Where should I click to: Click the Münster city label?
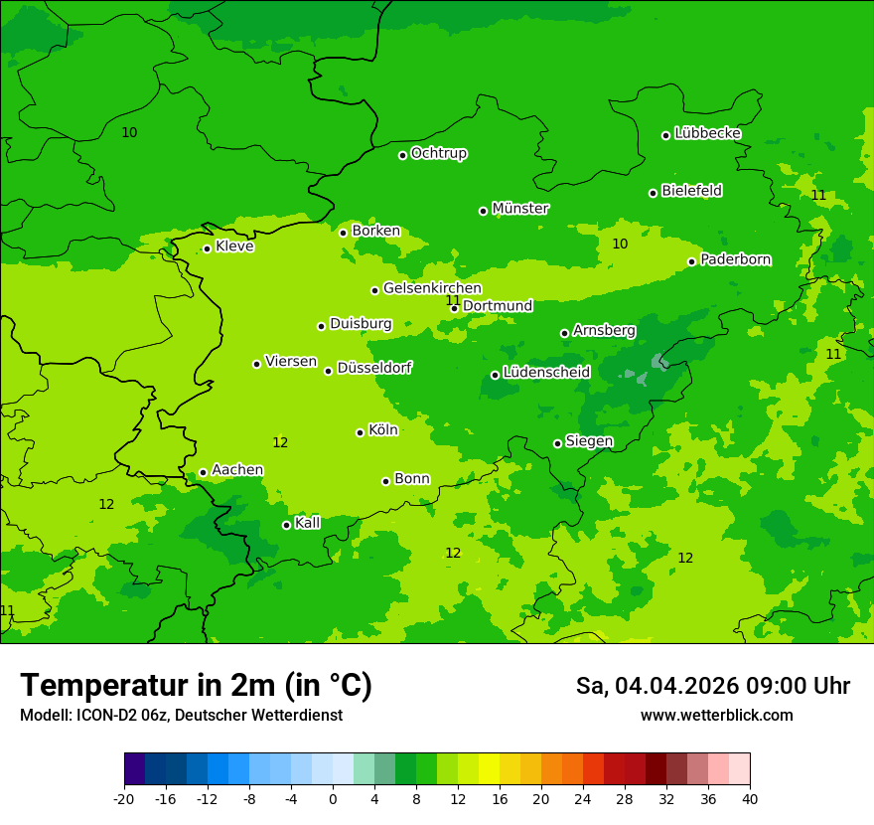click(519, 209)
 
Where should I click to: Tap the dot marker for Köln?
click(360, 432)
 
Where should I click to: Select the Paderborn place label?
click(735, 259)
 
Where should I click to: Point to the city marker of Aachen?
click(203, 473)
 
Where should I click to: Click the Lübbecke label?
click(707, 133)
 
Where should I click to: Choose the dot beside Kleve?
click(207, 249)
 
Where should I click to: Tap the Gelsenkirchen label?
click(432, 288)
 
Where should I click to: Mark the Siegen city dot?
click(557, 443)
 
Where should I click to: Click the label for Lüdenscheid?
click(546, 373)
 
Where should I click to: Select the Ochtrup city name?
click(438, 153)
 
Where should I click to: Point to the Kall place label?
click(308, 523)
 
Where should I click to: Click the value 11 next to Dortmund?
click(453, 300)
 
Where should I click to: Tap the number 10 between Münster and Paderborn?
click(620, 244)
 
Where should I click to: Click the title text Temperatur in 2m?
click(196, 685)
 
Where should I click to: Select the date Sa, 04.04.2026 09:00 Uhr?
click(712, 686)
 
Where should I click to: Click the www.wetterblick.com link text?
click(716, 715)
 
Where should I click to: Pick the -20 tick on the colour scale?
click(124, 798)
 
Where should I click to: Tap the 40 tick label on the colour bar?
click(750, 798)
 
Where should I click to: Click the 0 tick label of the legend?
click(333, 798)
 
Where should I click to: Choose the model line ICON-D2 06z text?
click(181, 715)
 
